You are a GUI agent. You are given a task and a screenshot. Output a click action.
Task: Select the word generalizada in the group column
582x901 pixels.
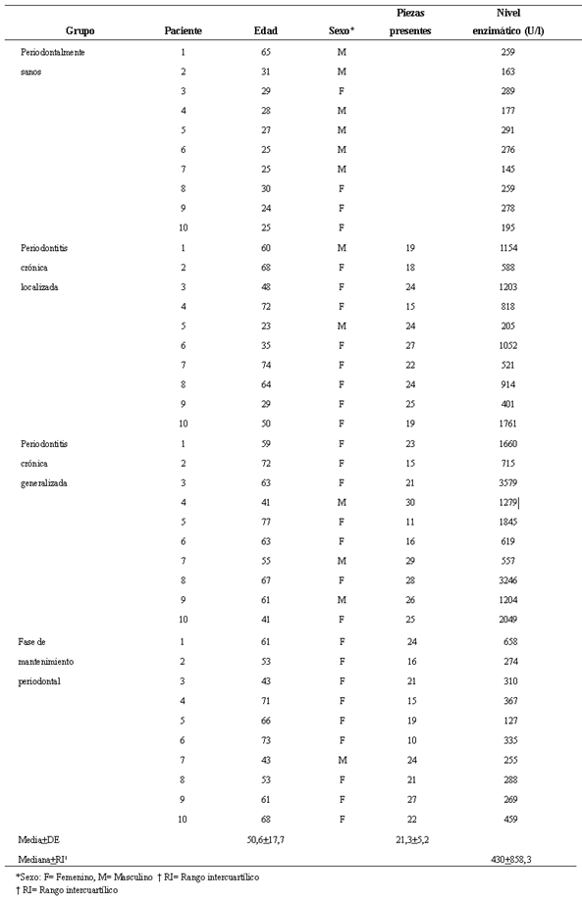pyautogui.click(x=47, y=483)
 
